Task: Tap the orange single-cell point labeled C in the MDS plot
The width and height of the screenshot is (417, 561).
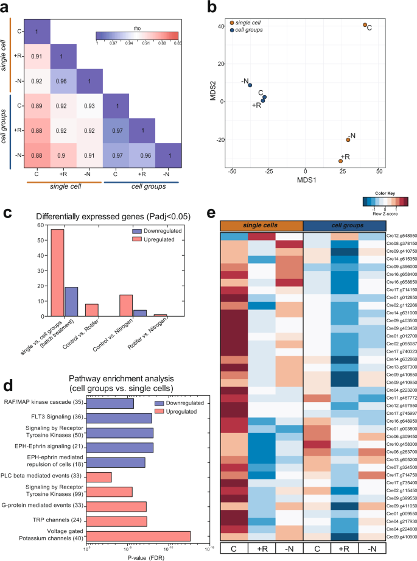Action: (365, 25)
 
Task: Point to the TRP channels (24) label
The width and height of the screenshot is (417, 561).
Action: (62, 504)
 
